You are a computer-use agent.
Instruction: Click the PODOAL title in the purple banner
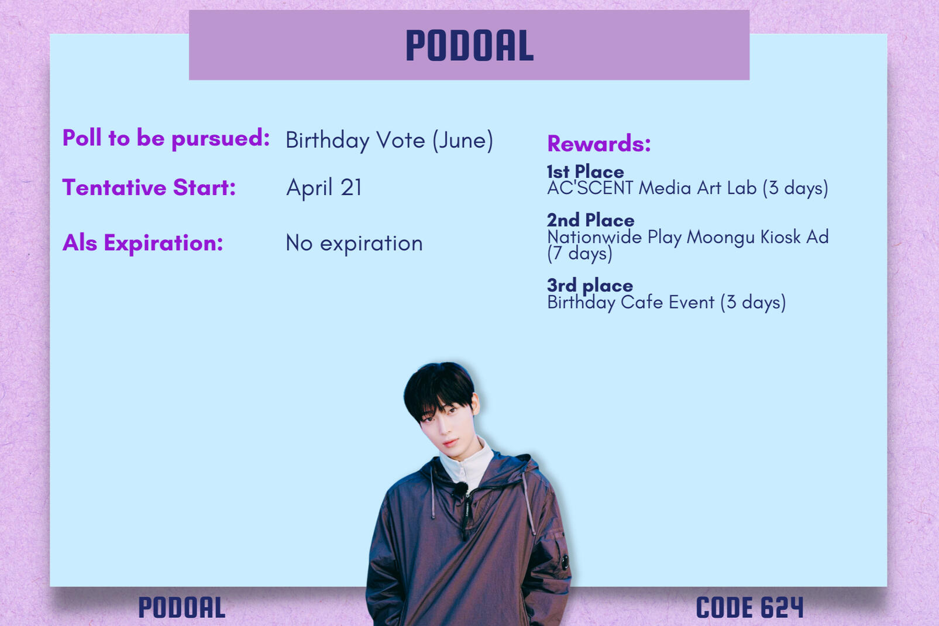pyautogui.click(x=469, y=45)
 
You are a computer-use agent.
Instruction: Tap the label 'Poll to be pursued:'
pyautogui.click(x=166, y=139)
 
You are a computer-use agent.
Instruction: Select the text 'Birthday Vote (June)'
pyautogui.click(x=390, y=140)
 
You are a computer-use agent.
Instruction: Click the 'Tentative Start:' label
pyautogui.click(x=149, y=187)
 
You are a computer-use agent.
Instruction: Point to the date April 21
pyautogui.click(x=324, y=187)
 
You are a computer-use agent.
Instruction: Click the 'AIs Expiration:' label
pyautogui.click(x=143, y=242)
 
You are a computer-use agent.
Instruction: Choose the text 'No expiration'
pyautogui.click(x=354, y=243)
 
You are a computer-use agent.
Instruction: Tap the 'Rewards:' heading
pyautogui.click(x=599, y=143)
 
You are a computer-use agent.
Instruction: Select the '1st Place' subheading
pyautogui.click(x=586, y=171)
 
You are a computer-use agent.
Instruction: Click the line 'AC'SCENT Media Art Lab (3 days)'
pyautogui.click(x=688, y=188)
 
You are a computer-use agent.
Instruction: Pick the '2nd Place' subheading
pyautogui.click(x=591, y=220)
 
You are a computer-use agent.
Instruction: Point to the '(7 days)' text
pyautogui.click(x=580, y=254)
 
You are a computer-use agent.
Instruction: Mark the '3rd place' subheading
pyautogui.click(x=590, y=286)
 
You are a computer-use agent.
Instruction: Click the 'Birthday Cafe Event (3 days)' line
pyautogui.click(x=666, y=302)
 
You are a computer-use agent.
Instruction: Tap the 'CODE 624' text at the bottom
pyautogui.click(x=749, y=607)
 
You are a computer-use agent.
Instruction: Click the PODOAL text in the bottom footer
pyautogui.click(x=182, y=607)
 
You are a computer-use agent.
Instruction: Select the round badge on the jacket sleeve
pyautogui.click(x=565, y=561)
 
